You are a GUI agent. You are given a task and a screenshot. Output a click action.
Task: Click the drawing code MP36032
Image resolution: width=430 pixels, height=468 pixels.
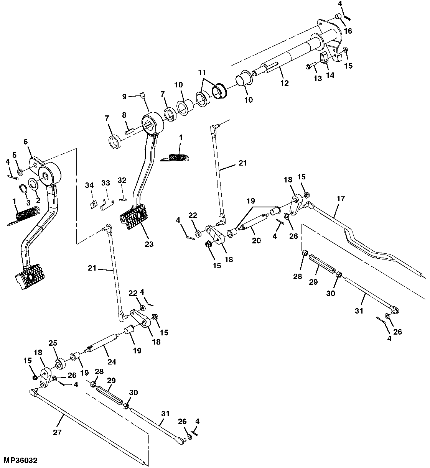21,459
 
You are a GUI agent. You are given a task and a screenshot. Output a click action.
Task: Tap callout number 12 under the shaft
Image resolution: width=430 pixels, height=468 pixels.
284,83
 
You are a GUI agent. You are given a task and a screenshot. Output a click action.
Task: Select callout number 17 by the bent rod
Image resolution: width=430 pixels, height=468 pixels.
340,199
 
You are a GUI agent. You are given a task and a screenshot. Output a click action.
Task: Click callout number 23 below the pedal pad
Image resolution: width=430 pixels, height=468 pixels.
149,244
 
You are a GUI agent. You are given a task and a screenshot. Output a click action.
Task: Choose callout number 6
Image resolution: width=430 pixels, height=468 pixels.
26,142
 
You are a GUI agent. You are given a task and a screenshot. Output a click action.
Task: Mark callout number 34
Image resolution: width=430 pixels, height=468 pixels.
89,186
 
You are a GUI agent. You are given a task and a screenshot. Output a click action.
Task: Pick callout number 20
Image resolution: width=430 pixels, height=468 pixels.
256,240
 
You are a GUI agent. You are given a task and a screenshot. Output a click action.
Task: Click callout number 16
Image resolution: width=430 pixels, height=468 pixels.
348,31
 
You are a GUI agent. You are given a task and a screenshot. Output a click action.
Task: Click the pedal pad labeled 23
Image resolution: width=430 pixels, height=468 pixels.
134,216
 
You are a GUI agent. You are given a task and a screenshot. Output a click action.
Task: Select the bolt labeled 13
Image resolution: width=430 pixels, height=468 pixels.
309,67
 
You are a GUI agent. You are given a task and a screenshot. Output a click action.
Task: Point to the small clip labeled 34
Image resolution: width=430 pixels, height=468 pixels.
92,204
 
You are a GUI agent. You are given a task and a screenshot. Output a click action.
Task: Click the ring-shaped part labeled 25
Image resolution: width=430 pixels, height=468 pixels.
59,363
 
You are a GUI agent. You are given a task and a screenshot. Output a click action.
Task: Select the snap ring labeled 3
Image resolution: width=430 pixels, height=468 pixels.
23,189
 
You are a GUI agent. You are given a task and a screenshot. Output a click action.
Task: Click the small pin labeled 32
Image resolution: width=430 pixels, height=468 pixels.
122,199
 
